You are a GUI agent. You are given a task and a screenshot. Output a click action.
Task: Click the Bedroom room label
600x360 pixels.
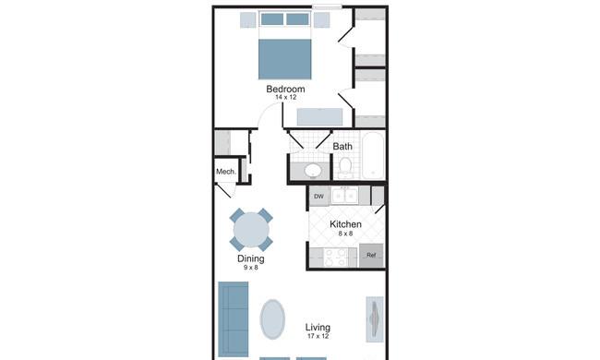(285, 89)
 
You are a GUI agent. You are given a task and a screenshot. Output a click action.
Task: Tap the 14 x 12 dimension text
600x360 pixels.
(285, 97)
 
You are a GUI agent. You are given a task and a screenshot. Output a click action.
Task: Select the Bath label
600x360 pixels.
(342, 146)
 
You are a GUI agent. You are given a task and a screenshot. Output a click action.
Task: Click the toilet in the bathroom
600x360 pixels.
(345, 168)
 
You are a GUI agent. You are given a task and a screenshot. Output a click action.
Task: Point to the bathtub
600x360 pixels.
(373, 155)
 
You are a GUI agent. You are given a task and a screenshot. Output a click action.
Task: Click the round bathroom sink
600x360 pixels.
(313, 170)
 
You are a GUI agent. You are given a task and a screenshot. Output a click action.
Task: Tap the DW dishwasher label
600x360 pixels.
(318, 197)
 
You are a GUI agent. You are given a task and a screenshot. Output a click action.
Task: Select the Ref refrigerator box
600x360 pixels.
(371, 255)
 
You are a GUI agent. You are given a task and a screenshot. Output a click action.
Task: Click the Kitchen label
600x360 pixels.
(345, 224)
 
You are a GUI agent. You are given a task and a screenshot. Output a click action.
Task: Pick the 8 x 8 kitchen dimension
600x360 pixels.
(345, 234)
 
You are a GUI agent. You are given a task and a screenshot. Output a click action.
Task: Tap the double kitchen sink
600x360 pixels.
(345, 196)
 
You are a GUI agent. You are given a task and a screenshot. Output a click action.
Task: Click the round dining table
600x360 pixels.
(251, 230)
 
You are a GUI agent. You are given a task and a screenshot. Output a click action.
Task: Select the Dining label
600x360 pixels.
(251, 258)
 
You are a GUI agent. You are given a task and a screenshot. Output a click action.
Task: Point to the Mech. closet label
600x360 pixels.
(226, 172)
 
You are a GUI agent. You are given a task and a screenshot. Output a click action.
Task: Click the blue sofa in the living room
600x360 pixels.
(233, 319)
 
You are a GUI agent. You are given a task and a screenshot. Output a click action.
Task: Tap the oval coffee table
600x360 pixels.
(272, 319)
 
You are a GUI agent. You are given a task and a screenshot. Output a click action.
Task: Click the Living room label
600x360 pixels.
(318, 328)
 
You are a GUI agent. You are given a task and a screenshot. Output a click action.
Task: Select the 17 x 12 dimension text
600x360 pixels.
(318, 336)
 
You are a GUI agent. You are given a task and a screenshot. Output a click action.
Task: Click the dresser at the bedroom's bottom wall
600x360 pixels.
(320, 116)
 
